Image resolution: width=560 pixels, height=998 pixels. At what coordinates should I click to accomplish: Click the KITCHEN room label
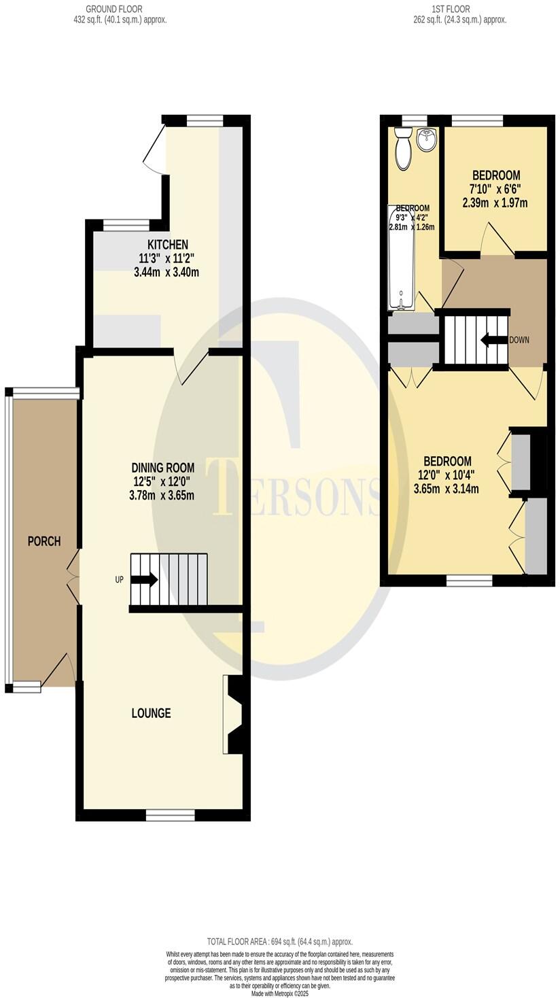point(168,244)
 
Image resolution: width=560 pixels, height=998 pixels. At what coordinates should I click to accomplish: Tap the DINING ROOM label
point(162,468)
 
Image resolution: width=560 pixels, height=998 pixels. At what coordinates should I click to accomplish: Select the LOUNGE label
point(151,713)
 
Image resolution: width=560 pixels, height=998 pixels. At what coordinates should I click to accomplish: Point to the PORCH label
point(43,541)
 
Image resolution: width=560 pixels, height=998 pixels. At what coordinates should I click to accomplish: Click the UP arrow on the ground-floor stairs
point(144,580)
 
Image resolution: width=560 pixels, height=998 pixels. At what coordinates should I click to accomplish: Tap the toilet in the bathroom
point(404,151)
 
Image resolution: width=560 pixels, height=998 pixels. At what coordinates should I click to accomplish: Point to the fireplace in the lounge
point(233,715)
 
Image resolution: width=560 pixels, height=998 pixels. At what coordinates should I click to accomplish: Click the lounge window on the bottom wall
point(170,814)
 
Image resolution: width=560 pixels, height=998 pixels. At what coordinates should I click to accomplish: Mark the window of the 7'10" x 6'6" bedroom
point(477,121)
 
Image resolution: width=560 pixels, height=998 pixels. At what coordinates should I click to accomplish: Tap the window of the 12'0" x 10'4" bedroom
point(469,581)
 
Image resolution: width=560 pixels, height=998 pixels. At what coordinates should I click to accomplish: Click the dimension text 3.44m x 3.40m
point(167,272)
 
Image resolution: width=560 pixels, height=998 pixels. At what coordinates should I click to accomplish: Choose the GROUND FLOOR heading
point(114,9)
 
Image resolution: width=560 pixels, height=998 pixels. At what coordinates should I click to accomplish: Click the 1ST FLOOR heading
point(451,9)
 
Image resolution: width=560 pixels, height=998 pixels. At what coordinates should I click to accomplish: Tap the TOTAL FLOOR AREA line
point(279,942)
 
